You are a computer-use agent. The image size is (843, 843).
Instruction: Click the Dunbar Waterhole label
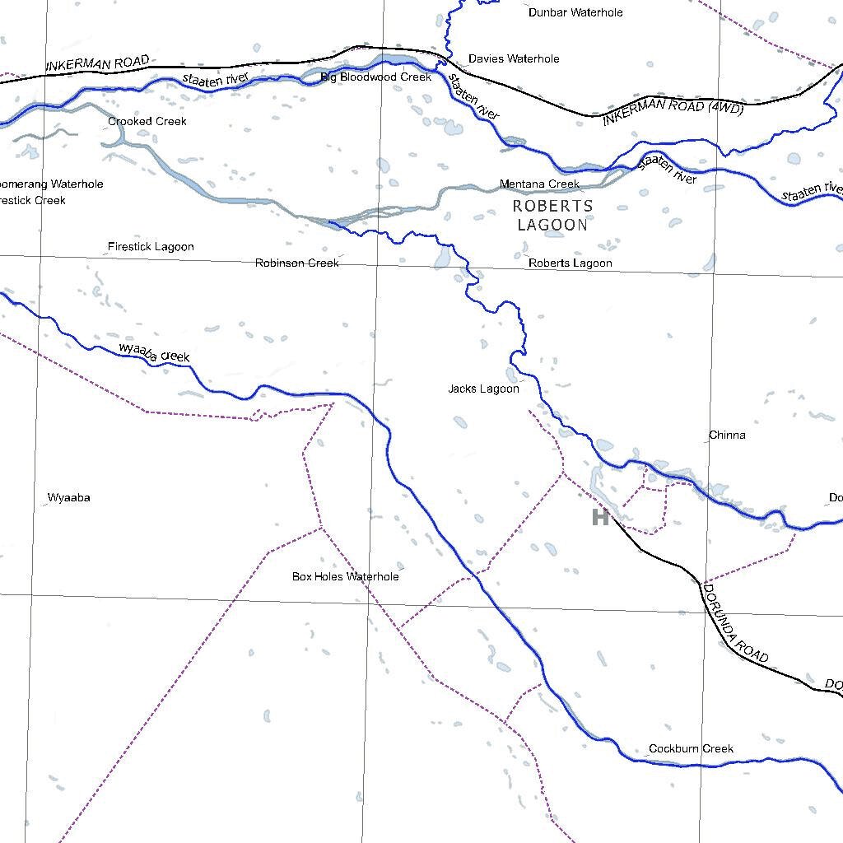tap(575, 12)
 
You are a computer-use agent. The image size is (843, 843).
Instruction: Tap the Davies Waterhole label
tap(514, 58)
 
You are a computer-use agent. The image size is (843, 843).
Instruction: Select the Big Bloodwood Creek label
tap(375, 77)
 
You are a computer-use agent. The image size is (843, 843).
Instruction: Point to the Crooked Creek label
tap(147, 121)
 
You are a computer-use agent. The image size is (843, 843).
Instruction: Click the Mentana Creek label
tap(539, 184)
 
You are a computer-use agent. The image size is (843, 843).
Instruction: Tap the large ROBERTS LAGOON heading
tap(552, 215)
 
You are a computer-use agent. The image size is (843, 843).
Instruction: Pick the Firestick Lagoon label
tap(151, 246)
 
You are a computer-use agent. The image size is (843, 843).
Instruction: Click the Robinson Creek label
tap(296, 263)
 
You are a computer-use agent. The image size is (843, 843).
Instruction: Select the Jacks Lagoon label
tap(483, 389)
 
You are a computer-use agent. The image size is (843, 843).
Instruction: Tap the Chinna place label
tap(727, 435)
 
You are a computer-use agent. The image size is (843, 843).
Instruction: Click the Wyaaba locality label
tap(69, 498)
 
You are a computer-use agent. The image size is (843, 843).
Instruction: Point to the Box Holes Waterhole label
tap(345, 576)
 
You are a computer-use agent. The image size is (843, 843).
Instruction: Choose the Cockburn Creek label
tap(691, 748)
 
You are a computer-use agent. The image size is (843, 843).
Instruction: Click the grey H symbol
tap(600, 517)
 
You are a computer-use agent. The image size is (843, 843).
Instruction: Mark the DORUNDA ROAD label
tap(734, 623)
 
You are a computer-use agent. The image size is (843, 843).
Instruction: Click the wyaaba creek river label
tap(155, 352)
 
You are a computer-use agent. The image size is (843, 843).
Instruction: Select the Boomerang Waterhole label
tap(51, 184)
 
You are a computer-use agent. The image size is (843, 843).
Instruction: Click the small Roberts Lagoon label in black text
tap(570, 263)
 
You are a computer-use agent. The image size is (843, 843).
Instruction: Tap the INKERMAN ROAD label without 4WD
tap(97, 63)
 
